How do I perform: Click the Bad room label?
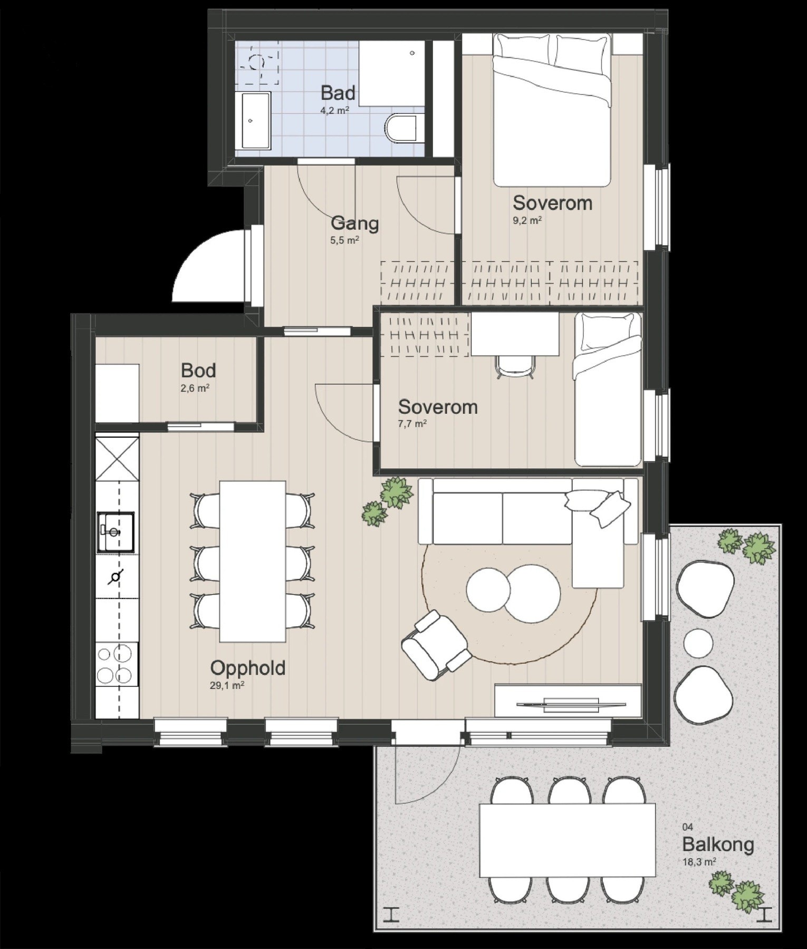point(338,93)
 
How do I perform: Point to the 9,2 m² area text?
point(527,220)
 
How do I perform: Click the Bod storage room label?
point(198,371)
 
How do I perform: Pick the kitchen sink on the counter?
point(115,531)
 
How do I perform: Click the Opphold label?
point(248,668)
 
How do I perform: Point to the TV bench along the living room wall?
point(568,700)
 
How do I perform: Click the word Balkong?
point(717,844)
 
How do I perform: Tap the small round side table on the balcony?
point(698,643)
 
